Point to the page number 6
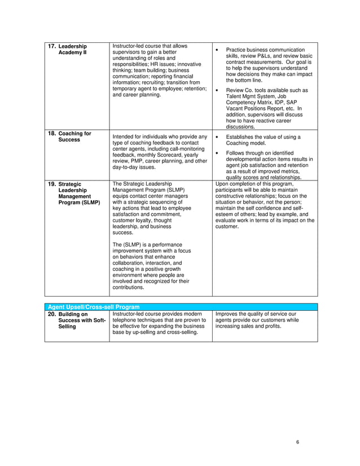pos(297,442)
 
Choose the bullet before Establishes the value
pos(217,137)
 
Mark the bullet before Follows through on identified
pos(217,153)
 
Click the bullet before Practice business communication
pos(217,50)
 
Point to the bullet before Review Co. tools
pos(217,90)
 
